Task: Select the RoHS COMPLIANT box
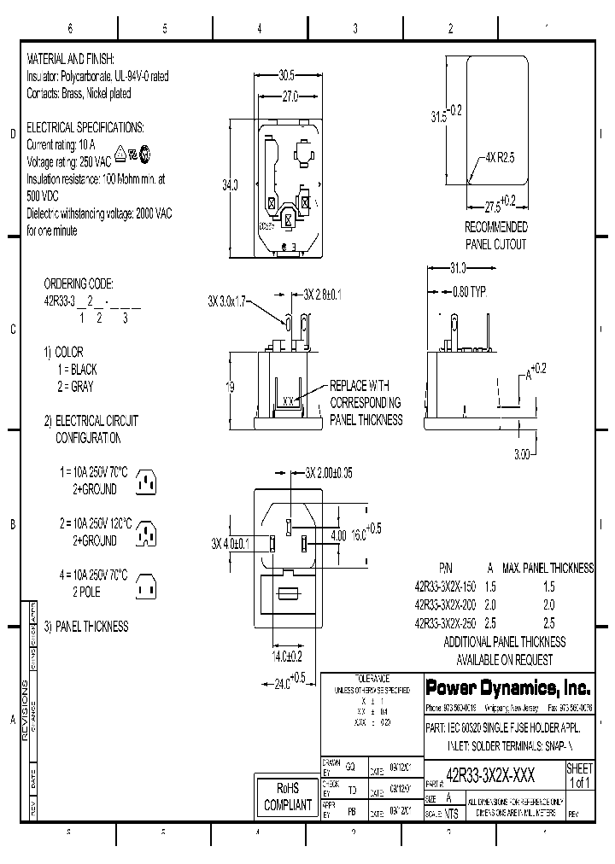click(287, 797)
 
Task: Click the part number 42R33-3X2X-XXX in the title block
click(490, 774)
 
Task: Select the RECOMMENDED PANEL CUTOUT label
click(495, 236)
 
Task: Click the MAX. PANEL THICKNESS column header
click(549, 567)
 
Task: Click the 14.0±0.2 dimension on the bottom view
click(286, 657)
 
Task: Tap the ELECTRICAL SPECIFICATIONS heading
click(86, 127)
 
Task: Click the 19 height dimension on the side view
click(231, 387)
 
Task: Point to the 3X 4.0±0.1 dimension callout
click(231, 543)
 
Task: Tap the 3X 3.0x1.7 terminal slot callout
click(227, 301)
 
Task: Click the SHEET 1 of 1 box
click(579, 775)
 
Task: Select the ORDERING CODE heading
click(79, 283)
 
